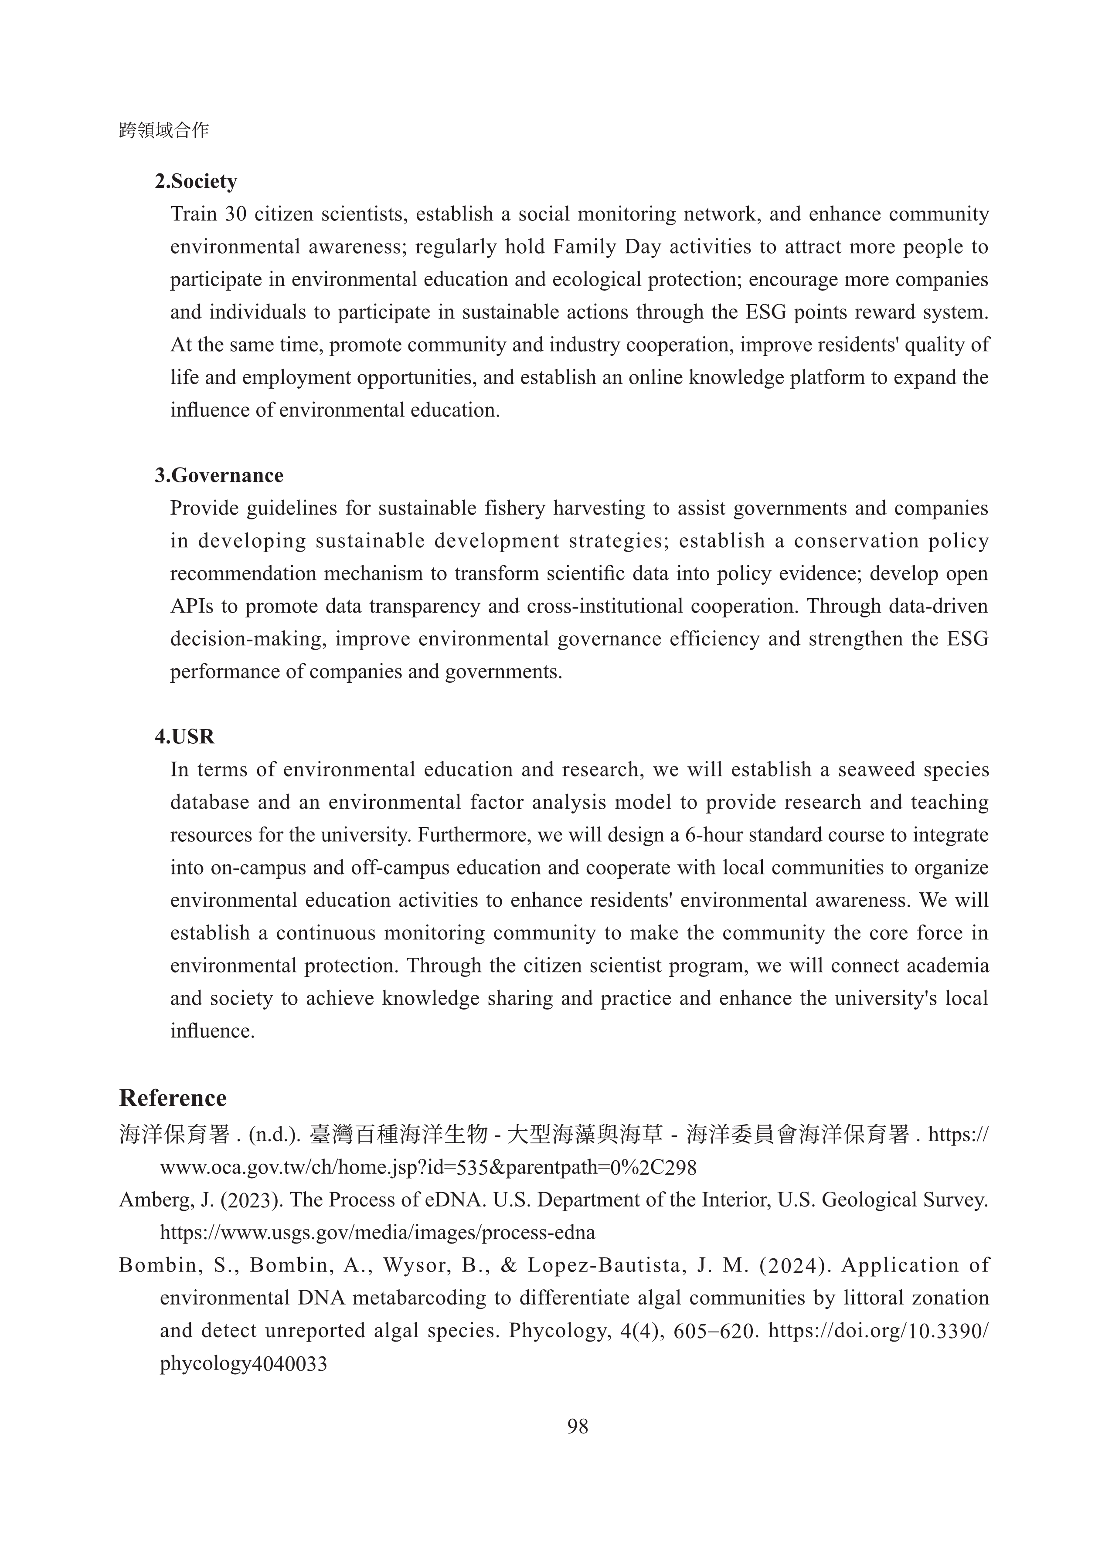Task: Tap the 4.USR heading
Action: pyautogui.click(x=184, y=737)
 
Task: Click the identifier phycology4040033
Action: pyautogui.click(x=243, y=1363)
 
